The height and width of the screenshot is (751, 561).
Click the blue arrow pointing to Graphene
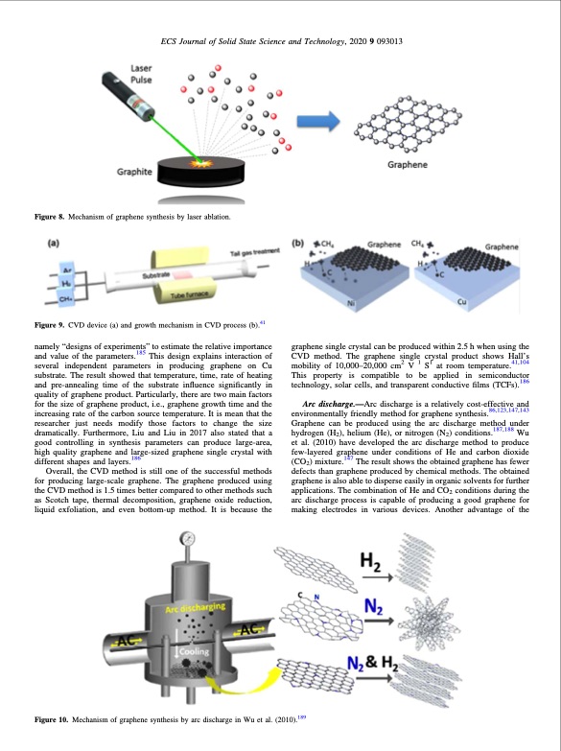[x=318, y=121]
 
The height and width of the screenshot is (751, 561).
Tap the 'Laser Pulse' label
[x=141, y=74]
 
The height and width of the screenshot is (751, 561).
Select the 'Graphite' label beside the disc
[x=134, y=172]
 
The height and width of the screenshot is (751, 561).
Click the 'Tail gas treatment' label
[x=254, y=252]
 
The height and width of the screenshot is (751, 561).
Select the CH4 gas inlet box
[x=65, y=299]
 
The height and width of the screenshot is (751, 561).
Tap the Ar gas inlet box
[x=66, y=270]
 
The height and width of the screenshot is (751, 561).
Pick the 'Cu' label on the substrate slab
[x=461, y=302]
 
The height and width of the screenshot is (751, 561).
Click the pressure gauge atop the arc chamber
[x=187, y=538]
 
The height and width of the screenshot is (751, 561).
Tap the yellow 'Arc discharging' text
[x=195, y=607]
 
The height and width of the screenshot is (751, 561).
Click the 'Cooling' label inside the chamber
[x=194, y=651]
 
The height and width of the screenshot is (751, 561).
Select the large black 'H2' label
[x=370, y=561]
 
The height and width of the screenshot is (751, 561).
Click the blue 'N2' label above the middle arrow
[x=373, y=607]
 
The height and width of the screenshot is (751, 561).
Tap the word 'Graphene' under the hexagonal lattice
[x=408, y=164]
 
